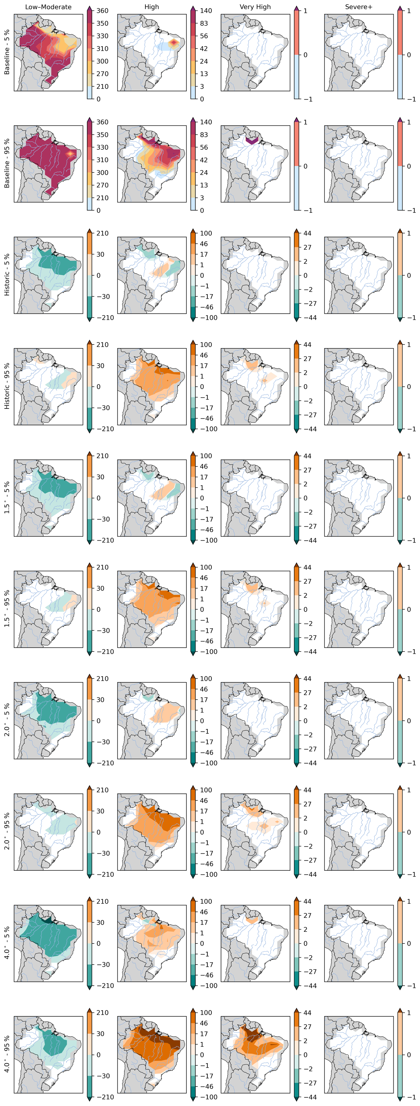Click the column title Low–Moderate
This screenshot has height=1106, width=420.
click(48, 7)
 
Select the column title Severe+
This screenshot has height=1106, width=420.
click(359, 7)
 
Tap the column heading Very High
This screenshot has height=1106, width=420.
click(255, 7)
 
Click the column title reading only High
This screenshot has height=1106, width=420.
click(152, 7)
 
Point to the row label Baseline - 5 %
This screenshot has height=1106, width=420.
click(7, 52)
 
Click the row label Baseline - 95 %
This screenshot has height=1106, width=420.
click(7, 164)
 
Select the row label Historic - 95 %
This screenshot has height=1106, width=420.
click(7, 387)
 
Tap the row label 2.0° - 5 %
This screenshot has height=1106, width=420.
click(7, 720)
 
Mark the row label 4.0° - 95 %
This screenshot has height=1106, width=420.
click(7, 1054)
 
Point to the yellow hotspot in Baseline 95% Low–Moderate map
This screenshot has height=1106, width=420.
click(70, 153)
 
